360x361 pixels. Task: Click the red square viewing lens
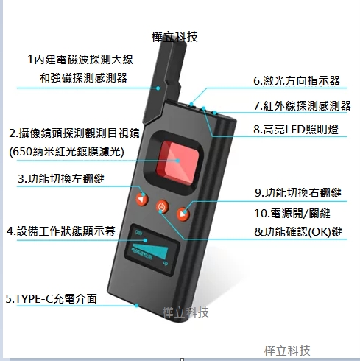(x=177, y=163)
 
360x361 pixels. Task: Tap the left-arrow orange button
(x=142, y=199)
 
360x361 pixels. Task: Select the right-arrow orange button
(x=183, y=214)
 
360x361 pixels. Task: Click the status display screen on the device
(x=152, y=250)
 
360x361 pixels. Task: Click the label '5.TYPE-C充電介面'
(x=51, y=299)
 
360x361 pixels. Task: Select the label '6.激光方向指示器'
(x=297, y=81)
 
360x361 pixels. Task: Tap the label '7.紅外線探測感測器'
(x=302, y=106)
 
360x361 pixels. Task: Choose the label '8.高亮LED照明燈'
(x=296, y=130)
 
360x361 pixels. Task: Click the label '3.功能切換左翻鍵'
(x=61, y=179)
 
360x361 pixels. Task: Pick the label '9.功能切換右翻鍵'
(x=298, y=193)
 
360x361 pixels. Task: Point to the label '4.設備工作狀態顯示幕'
(x=61, y=231)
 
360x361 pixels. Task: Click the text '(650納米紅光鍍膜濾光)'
(x=66, y=152)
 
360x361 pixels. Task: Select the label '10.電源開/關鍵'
(x=292, y=214)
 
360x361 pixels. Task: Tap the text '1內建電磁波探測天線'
(x=80, y=60)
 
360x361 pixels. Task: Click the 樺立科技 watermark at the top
(x=174, y=37)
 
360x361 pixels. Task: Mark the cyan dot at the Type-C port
(x=137, y=306)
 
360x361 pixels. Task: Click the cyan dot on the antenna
(x=158, y=88)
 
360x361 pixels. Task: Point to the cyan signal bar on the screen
(x=151, y=250)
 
